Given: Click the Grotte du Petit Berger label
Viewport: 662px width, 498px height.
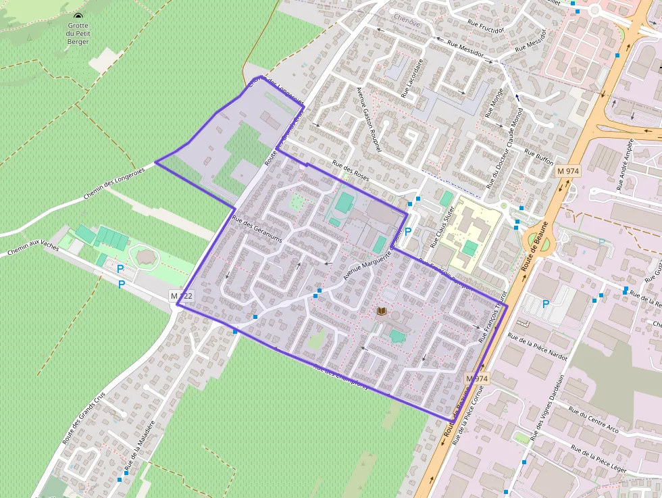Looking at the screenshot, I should [x=78, y=33].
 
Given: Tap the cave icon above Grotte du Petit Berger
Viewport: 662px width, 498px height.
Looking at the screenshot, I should [x=78, y=16].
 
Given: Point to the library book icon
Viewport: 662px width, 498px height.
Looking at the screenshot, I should [x=382, y=312].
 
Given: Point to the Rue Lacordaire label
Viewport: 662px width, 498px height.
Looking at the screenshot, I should [x=413, y=78].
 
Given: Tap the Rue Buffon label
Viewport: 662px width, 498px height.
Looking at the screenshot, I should [x=540, y=157].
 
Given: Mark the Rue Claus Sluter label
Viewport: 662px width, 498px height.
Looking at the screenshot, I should [x=443, y=226].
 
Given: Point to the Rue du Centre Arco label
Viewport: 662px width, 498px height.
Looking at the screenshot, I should [x=593, y=418].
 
